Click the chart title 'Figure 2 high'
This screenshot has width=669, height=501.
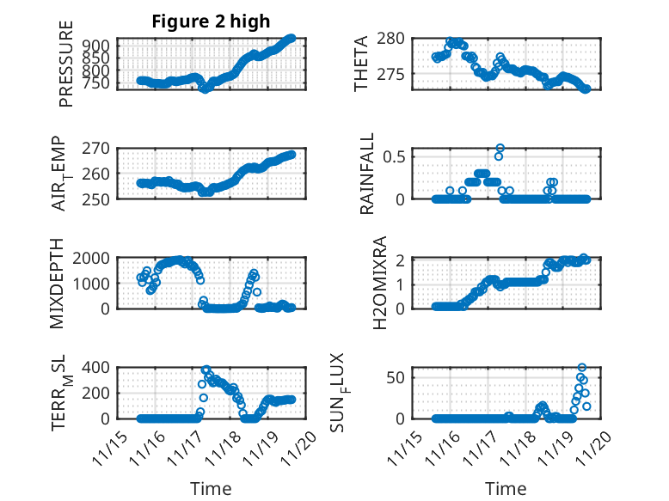click(212, 21)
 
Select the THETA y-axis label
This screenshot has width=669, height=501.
click(361, 64)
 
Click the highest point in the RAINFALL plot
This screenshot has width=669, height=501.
click(500, 148)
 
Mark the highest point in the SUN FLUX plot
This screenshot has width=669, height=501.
click(582, 368)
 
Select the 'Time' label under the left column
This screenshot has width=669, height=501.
click(211, 488)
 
